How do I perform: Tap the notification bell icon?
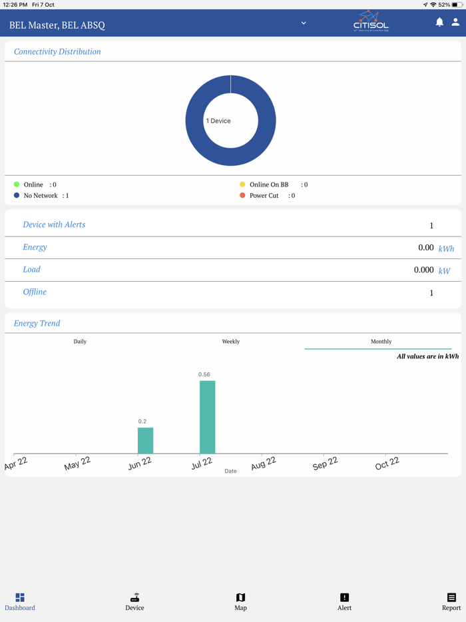[439, 22]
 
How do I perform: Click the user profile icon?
[455, 22]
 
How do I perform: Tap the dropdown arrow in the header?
[304, 23]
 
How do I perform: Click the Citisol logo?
[371, 21]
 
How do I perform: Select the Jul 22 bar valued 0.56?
[207, 417]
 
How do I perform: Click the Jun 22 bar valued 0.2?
[145, 440]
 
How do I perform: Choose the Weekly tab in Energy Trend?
[230, 342]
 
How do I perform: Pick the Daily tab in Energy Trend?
[80, 342]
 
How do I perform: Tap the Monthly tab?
[381, 342]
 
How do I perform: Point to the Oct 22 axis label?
[387, 463]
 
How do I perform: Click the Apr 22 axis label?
[16, 464]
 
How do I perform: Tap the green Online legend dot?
[17, 184]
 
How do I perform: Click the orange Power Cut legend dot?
[242, 196]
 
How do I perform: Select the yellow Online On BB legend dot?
[242, 184]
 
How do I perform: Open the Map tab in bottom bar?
[240, 601]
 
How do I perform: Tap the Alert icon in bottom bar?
[344, 597]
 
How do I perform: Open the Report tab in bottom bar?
[451, 601]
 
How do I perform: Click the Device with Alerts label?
[54, 225]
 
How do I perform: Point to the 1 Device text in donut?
[218, 121]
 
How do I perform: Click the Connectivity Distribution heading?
[57, 52]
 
